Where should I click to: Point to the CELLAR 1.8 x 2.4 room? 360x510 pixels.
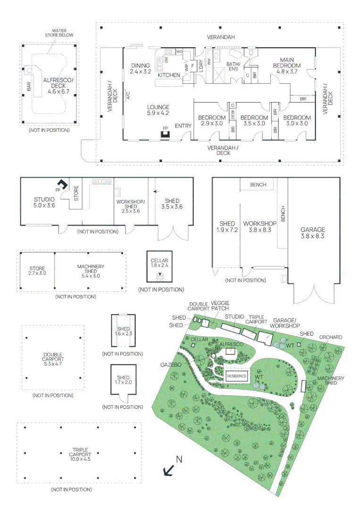point(159,266)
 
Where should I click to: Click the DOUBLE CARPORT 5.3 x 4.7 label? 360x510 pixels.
point(52,359)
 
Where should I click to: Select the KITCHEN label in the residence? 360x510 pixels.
point(168,75)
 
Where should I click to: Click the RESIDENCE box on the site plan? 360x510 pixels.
point(237,376)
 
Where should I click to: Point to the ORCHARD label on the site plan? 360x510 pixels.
point(330,338)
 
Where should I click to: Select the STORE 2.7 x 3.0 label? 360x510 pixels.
point(37,270)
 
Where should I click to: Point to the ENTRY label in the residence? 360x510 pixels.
point(183,126)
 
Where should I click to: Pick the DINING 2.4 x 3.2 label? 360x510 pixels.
point(141,68)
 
